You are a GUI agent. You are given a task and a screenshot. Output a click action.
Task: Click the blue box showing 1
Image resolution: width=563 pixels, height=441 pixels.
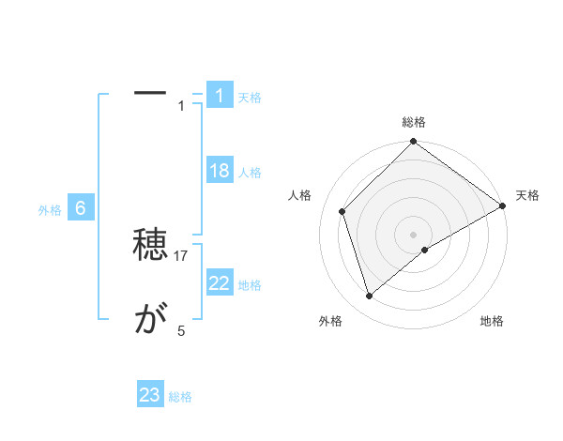[220, 96]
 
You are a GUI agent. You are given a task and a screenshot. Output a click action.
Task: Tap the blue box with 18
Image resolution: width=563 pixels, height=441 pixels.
[220, 171]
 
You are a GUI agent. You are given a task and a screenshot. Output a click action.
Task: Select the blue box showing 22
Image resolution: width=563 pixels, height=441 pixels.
[220, 283]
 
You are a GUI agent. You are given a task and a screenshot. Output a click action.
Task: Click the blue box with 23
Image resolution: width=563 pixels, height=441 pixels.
[150, 395]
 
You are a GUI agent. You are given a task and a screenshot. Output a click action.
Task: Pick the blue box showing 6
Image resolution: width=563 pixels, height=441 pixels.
[81, 208]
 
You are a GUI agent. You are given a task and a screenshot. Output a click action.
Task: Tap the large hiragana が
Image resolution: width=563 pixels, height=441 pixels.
[150, 321]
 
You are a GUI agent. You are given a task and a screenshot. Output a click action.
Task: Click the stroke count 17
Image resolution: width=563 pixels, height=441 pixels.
[182, 256]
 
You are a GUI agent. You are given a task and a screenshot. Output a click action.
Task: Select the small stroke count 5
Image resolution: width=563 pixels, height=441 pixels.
[181, 330]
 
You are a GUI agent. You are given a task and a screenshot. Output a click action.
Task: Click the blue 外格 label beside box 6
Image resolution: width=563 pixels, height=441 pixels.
[50, 210]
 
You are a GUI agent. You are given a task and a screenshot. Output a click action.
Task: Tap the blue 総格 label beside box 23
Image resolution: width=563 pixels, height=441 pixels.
[180, 397]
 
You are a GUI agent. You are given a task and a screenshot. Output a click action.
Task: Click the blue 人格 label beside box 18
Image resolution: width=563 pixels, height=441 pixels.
[250, 173]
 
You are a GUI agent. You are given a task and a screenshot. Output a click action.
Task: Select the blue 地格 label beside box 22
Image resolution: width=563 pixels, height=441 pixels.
[250, 285]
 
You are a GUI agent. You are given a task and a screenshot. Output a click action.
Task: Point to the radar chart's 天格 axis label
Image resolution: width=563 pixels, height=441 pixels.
[527, 195]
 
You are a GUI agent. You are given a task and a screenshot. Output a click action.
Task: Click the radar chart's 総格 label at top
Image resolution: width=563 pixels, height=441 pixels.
[414, 122]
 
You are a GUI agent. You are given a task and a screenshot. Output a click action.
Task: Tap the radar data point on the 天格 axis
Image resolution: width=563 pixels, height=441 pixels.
[503, 205]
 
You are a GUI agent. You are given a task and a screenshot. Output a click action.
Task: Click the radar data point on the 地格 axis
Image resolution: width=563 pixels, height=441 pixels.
[425, 250]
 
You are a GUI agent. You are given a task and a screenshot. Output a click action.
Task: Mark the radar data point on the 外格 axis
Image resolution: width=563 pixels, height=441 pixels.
[370, 296]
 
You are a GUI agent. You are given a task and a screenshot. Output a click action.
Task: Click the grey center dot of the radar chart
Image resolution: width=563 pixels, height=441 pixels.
[414, 234]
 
